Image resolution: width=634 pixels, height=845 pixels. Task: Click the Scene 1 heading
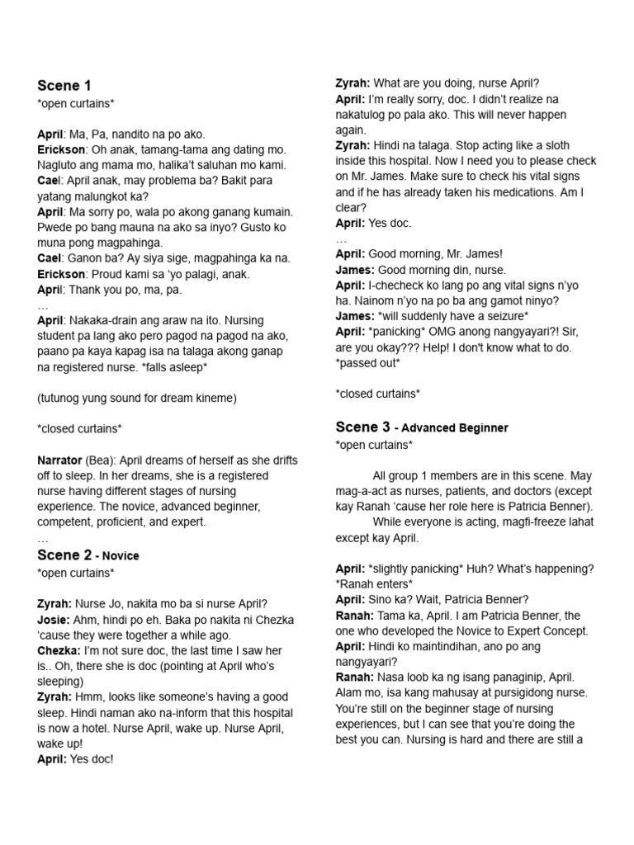tap(64, 86)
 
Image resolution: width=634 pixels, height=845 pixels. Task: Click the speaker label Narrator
tap(59, 460)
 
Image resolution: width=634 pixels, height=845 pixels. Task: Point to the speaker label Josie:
tap(54, 620)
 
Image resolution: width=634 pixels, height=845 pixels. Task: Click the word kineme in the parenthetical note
tap(215, 398)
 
